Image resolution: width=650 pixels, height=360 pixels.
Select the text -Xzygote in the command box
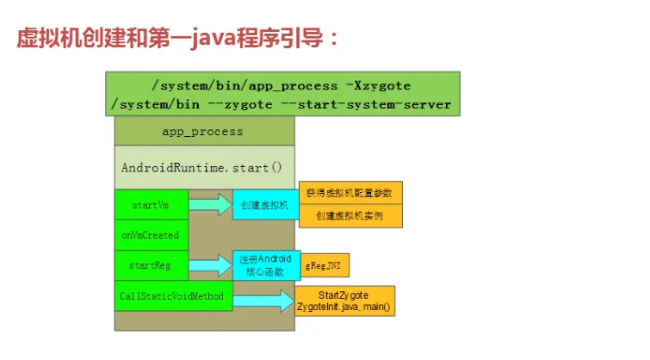tap(378, 86)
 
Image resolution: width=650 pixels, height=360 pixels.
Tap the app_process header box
tap(203, 132)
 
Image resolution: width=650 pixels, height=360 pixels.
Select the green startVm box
tap(151, 205)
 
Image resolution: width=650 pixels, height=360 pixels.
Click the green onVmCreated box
tap(151, 235)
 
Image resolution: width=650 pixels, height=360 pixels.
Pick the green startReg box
tap(151, 265)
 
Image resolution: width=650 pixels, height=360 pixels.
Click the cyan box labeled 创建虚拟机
tap(263, 205)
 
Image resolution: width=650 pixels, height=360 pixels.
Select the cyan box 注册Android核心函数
tap(263, 265)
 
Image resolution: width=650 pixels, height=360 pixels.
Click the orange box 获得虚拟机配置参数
tap(350, 193)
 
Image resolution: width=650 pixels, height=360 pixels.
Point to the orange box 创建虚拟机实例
tap(350, 215)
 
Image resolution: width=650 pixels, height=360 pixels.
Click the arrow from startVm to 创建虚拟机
tap(210, 205)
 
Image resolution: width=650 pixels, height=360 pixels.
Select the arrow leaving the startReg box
tap(210, 265)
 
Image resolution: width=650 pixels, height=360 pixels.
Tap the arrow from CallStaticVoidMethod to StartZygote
tap(263, 301)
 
